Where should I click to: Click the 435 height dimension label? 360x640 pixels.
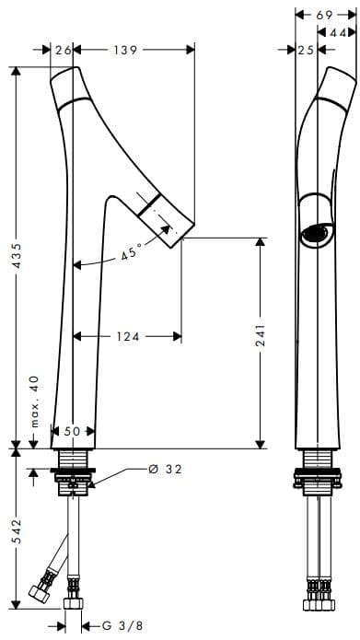pos(17,257)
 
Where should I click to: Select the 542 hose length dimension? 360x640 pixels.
pos(17,533)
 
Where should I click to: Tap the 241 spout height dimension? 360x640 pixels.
pos(260,335)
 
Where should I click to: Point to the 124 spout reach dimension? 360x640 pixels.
pos(128,337)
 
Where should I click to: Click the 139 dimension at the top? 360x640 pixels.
pos(124,50)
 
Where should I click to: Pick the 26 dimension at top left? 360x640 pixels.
pos(64,50)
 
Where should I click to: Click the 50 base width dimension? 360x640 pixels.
pos(73,431)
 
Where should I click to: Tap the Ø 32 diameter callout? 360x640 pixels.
pos(165,470)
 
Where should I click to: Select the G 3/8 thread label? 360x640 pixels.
pos(122,625)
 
